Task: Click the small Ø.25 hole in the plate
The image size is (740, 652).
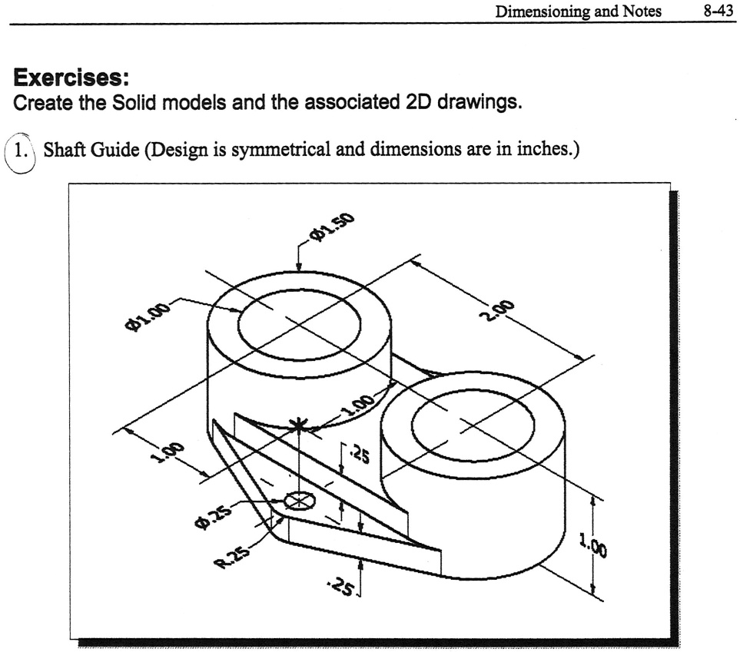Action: [299, 501]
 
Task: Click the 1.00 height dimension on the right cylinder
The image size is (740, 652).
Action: [592, 548]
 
